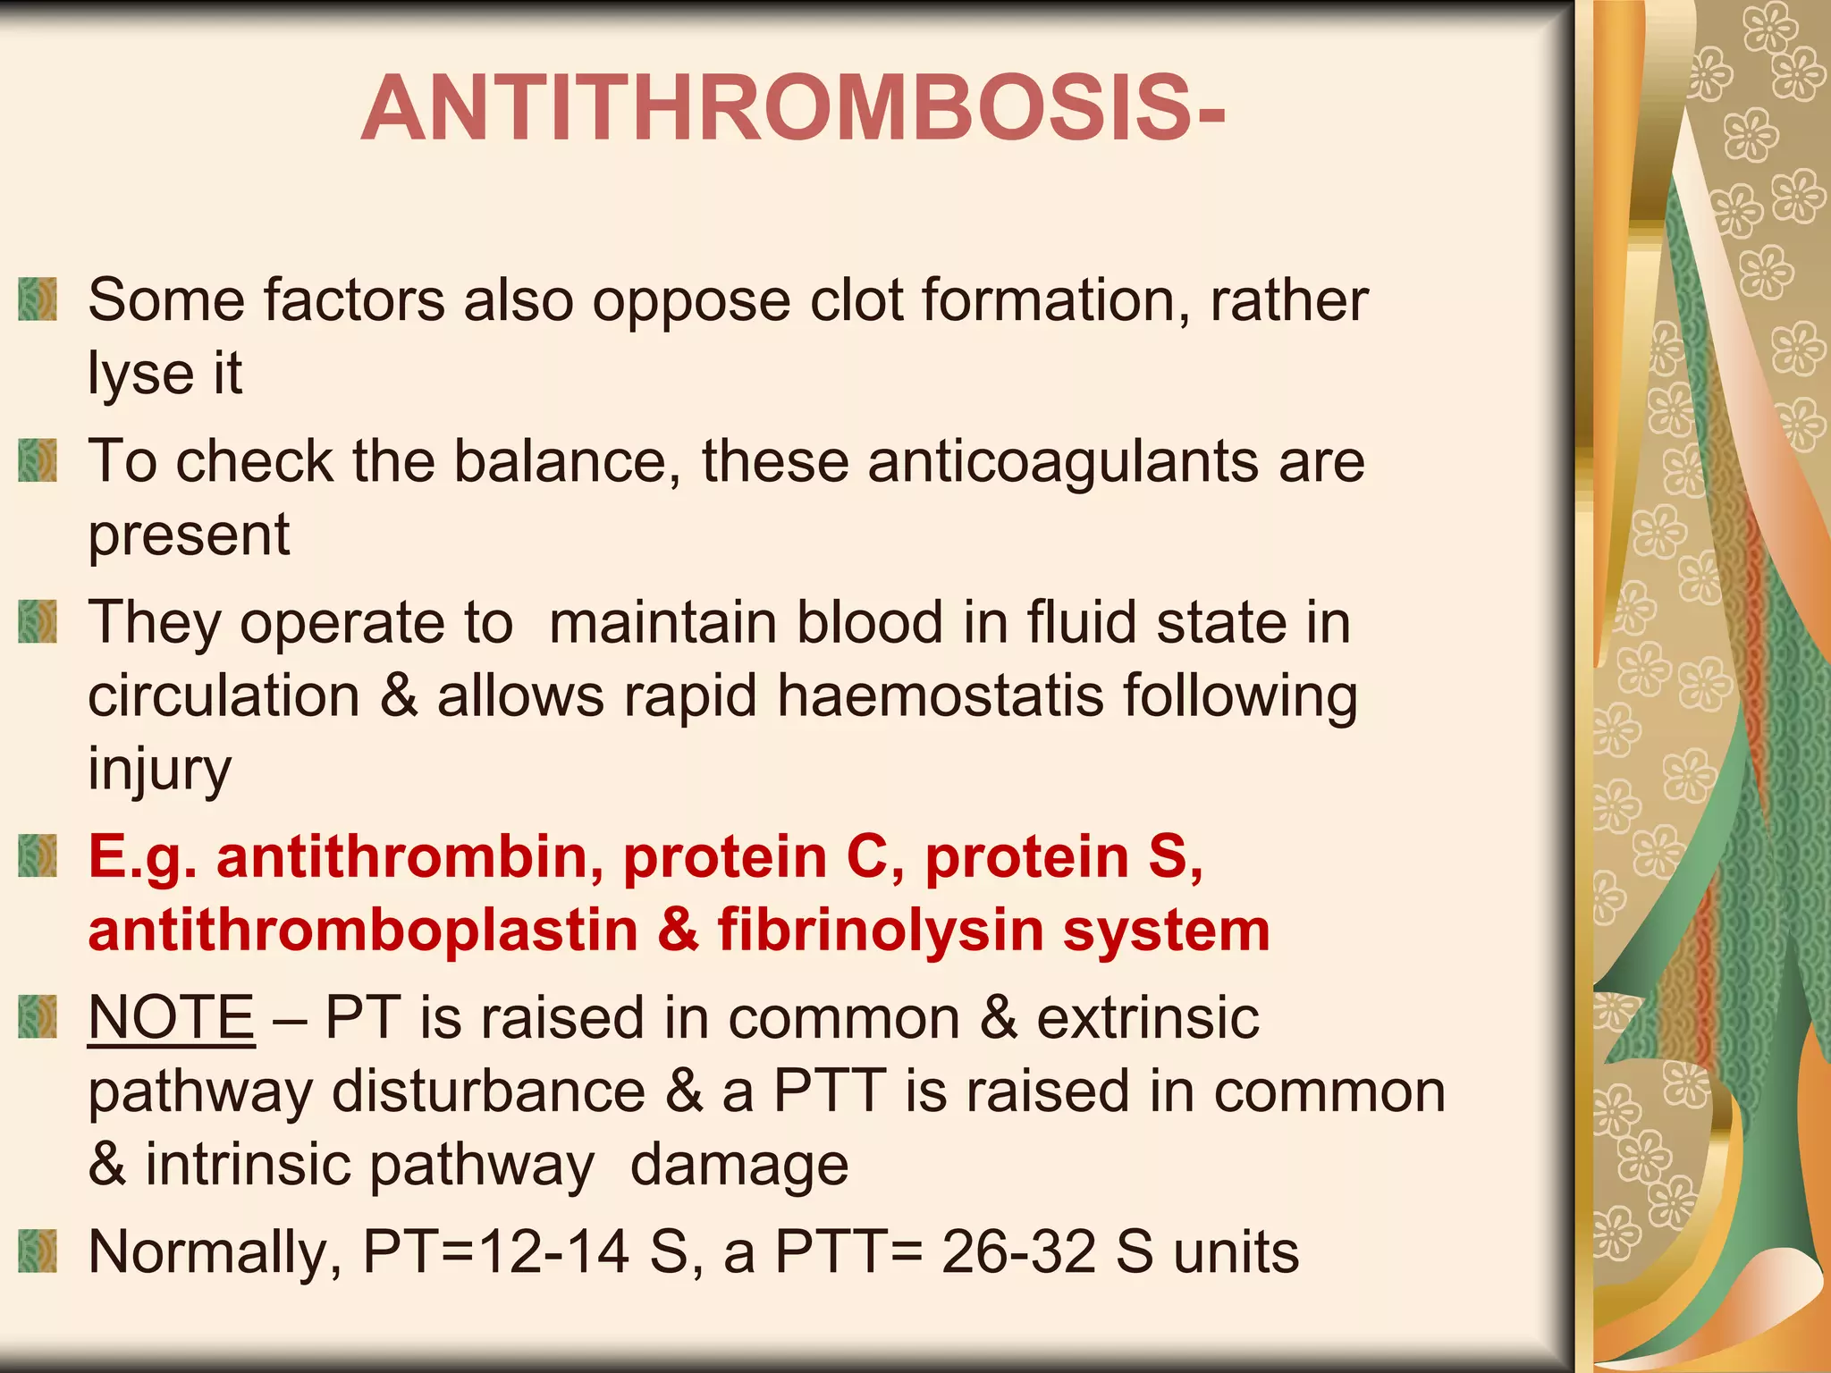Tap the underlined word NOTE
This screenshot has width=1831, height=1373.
tap(172, 1017)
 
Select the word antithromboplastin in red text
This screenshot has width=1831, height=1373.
tap(363, 930)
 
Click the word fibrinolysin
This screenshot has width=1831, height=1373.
tap(881, 930)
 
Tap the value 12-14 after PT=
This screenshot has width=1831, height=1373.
tap(553, 1251)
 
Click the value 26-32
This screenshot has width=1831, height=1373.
tap(1018, 1251)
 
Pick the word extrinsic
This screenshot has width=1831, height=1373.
tap(1148, 1017)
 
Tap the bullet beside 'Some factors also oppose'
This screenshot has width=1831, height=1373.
tap(38, 299)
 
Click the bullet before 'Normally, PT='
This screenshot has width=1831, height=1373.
tap(38, 1251)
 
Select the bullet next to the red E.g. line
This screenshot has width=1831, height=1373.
tap(38, 855)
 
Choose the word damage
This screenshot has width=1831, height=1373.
tap(739, 1164)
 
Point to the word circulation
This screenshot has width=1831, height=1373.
tap(224, 695)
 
